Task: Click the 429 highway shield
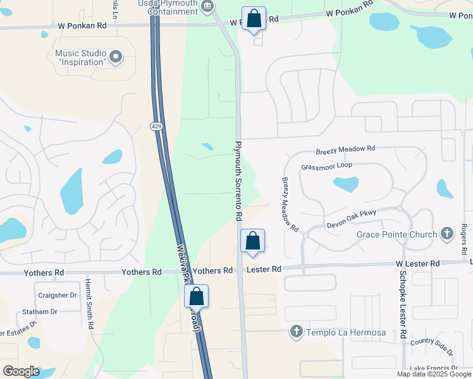(x=156, y=127)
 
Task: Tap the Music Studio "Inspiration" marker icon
(x=116, y=58)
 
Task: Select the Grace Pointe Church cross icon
(x=447, y=234)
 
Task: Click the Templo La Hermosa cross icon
(x=295, y=332)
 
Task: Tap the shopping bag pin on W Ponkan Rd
(x=254, y=19)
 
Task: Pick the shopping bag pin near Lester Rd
(x=252, y=241)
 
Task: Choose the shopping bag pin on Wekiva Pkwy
(x=196, y=296)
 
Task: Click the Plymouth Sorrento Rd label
(x=238, y=180)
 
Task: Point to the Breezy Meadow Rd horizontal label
(x=345, y=149)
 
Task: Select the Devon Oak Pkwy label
(x=351, y=219)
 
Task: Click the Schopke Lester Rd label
(x=402, y=306)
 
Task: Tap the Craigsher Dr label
(x=57, y=295)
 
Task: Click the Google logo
(x=21, y=371)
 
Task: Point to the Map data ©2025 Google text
(x=433, y=374)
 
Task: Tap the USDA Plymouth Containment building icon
(x=207, y=7)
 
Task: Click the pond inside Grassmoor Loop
(x=346, y=184)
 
